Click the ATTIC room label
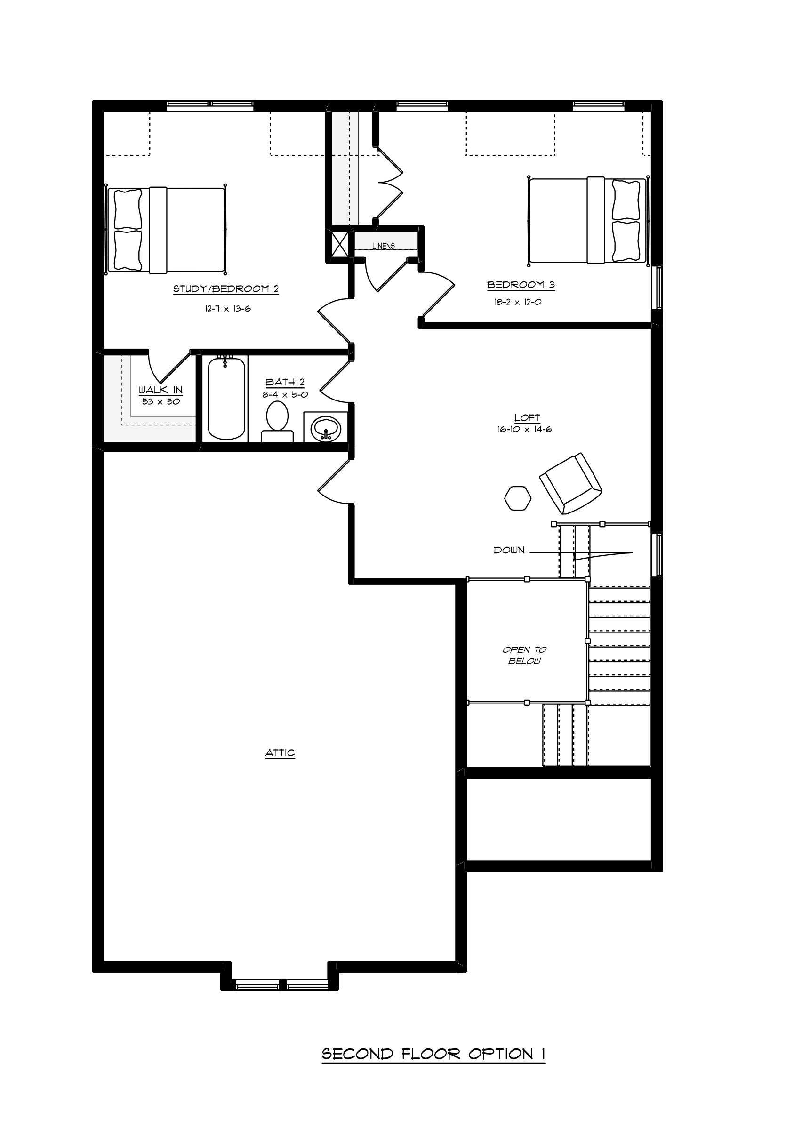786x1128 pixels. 280,752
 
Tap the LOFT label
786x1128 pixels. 527,417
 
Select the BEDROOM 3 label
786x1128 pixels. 521,284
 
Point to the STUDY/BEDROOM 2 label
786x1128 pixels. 226,288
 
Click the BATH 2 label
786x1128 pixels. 285,382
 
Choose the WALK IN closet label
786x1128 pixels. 160,390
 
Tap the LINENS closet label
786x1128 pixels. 384,246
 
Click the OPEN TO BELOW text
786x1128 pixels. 525,655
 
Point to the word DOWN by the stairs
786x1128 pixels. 509,550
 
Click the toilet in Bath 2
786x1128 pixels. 278,422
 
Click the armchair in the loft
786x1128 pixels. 571,483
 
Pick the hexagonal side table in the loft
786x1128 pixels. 518,498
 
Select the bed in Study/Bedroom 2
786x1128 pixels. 166,230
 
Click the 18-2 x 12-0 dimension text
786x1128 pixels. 518,302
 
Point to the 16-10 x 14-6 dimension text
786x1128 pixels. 525,429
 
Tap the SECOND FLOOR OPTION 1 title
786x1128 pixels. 433,1053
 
